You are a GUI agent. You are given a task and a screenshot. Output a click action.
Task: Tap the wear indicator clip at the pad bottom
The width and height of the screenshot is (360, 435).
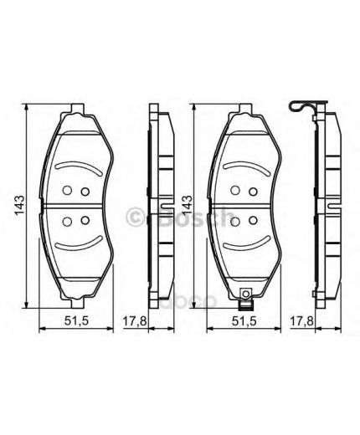coord(246,295)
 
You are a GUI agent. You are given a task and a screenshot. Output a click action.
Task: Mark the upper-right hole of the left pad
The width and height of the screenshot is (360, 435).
coord(85,191)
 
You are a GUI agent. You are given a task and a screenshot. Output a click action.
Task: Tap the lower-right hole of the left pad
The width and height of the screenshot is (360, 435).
coord(85,221)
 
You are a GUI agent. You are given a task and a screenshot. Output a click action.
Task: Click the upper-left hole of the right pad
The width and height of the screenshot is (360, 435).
coord(236,190)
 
